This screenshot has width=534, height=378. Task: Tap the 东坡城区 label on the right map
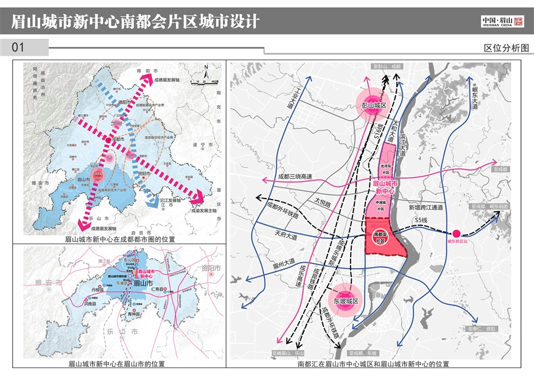[x=346, y=301]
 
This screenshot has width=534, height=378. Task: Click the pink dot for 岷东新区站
[x=457, y=234]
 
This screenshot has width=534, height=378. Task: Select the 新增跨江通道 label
[x=426, y=207]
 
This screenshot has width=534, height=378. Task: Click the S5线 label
[x=422, y=221]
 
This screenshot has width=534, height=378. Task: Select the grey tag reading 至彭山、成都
[x=386, y=67]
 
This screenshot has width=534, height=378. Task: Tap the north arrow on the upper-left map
[x=205, y=69]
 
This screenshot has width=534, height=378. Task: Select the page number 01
[x=18, y=48]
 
